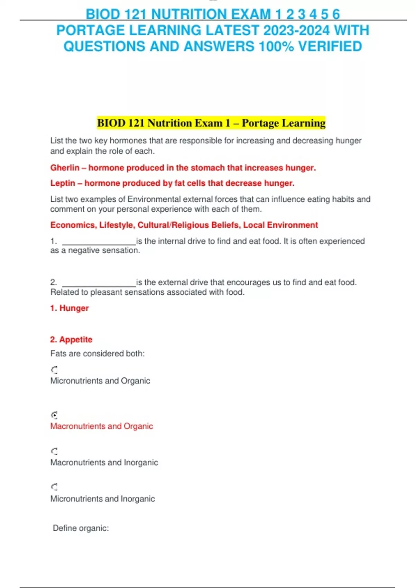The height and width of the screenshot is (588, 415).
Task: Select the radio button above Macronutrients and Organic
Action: click(54, 415)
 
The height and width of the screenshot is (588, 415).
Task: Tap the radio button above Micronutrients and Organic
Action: click(54, 370)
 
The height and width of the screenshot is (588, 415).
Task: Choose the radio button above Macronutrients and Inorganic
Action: click(54, 451)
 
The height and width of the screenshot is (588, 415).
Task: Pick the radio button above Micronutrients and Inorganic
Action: click(54, 487)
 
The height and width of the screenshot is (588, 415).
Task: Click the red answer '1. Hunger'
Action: click(70, 308)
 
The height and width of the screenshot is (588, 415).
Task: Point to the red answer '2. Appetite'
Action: click(71, 340)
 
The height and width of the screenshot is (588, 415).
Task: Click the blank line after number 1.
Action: click(99, 242)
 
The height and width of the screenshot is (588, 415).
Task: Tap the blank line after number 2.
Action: click(99, 284)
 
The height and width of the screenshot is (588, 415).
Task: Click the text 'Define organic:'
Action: click(81, 528)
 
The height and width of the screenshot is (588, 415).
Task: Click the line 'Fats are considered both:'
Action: click(97, 353)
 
